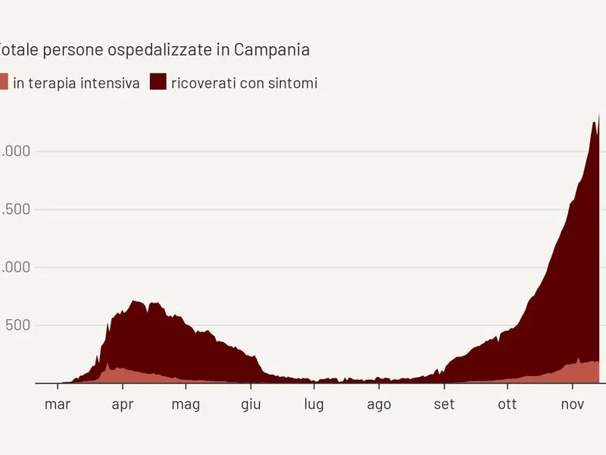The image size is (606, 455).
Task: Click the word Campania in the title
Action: (x=272, y=50)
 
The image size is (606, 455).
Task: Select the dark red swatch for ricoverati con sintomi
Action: (x=158, y=82)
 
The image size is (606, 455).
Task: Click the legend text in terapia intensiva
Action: (x=77, y=83)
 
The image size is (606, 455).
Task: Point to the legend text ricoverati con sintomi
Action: (x=244, y=83)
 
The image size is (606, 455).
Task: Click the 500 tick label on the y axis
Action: (x=15, y=325)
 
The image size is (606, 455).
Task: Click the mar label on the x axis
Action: (x=58, y=404)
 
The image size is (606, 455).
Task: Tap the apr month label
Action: (x=123, y=404)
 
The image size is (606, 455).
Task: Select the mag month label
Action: (x=186, y=404)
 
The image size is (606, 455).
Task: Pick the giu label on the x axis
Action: (x=251, y=404)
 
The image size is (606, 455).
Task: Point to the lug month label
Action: (x=314, y=404)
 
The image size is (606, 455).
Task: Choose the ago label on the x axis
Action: (x=379, y=404)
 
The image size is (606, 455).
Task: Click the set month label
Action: (x=444, y=404)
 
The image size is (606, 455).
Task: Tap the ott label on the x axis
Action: (x=507, y=404)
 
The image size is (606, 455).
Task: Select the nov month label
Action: (x=572, y=404)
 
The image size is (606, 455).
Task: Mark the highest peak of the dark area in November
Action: (x=599, y=115)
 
